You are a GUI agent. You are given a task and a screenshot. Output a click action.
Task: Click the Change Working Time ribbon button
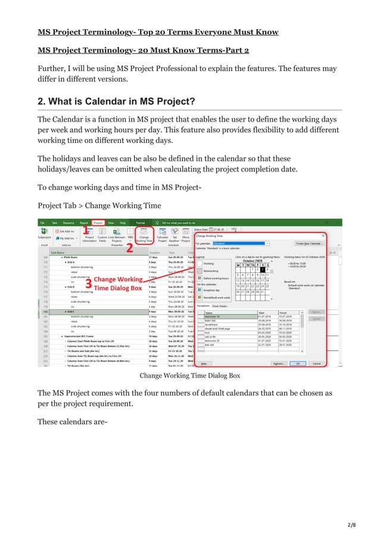pos(144,237)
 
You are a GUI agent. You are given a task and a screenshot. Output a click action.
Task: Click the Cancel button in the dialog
pos(317,363)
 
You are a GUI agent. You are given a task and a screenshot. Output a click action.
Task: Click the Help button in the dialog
pos(204,363)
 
